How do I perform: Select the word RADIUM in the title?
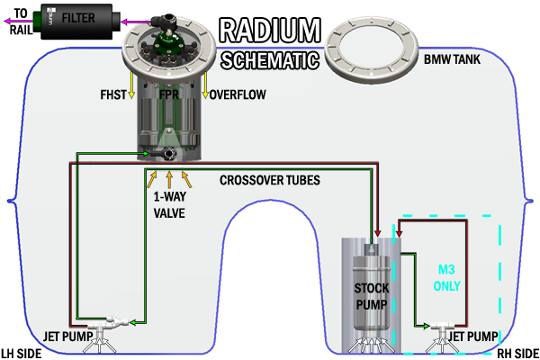268,30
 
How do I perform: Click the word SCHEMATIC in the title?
269,61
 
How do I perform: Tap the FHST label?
114,93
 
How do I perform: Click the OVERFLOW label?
237,93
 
